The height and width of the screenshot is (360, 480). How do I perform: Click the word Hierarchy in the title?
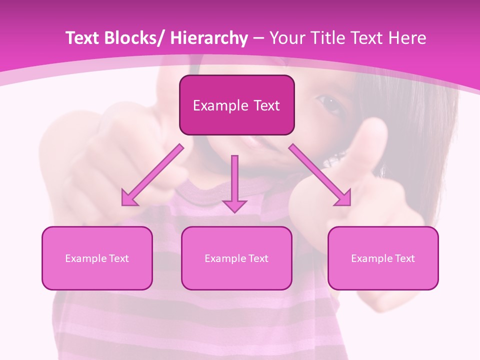(x=208, y=38)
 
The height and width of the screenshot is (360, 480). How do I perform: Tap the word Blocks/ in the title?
(x=134, y=38)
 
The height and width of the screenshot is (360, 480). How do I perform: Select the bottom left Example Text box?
(x=97, y=258)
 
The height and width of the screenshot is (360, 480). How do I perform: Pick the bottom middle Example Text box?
(x=236, y=258)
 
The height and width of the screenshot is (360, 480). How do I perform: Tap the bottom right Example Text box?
(x=383, y=258)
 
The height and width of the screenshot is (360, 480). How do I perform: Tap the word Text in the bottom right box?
(x=404, y=258)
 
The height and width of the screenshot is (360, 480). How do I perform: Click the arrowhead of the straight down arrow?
(x=234, y=205)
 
